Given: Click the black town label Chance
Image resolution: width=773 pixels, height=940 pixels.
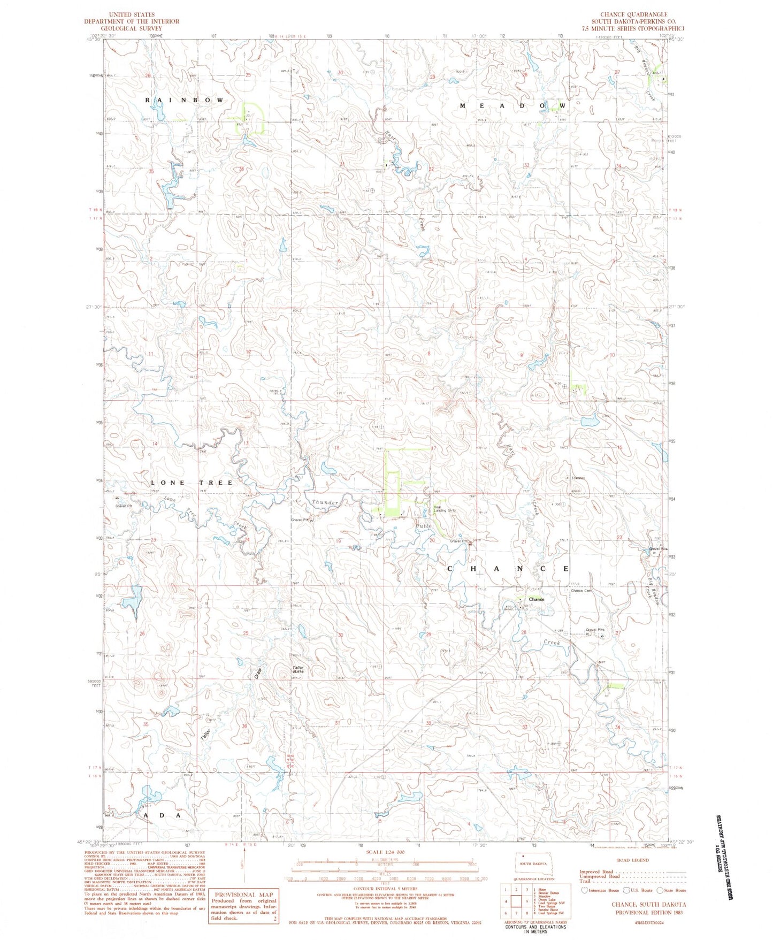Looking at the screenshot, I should (536, 599).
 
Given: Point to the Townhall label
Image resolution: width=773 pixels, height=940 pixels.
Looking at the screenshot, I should (578, 478).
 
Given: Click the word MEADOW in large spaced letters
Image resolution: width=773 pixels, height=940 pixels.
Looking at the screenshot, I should (512, 106).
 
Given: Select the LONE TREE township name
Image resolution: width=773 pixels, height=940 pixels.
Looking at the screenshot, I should (192, 483).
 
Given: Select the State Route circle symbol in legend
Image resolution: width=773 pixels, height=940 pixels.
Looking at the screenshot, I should (661, 890).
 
